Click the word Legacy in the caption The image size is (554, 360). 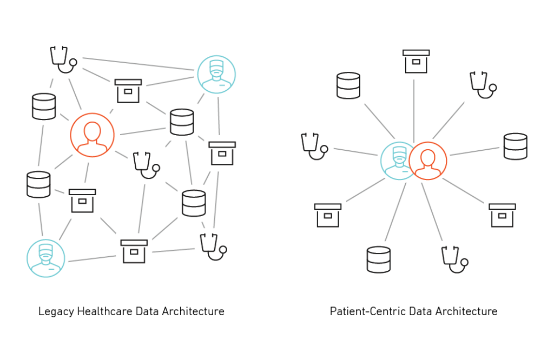pos(56,312)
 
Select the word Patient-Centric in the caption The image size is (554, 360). pos(367,312)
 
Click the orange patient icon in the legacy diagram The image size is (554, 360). pos(92,135)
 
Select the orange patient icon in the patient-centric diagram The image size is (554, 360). pos(428,161)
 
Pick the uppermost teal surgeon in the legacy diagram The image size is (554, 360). pos(216,74)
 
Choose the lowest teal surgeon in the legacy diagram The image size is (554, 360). pos(46,258)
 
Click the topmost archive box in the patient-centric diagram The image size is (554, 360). pos(416,61)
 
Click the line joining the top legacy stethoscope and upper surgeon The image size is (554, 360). pos(138,64)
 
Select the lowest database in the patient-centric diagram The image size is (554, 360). pos(378,259)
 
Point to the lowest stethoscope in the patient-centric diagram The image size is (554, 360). pos(453,259)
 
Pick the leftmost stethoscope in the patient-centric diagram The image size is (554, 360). pos(313,146)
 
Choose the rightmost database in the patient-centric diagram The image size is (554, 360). pos(515,146)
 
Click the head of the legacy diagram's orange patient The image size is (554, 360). pos(92,130)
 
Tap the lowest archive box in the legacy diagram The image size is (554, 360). pos(134,251)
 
